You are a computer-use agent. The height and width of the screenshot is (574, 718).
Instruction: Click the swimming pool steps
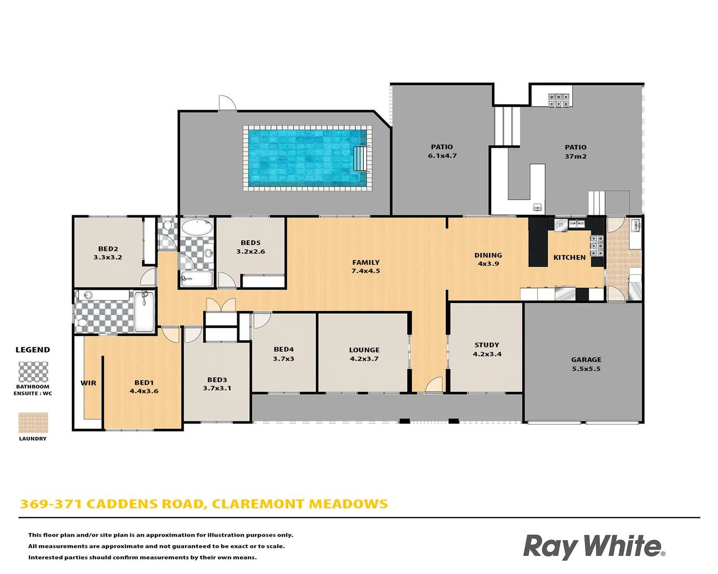point(361,158)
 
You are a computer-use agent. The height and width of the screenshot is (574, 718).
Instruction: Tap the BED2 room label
point(108,253)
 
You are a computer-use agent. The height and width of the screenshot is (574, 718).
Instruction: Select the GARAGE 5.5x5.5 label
point(586,364)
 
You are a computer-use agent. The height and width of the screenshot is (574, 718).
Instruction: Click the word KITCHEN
point(569,258)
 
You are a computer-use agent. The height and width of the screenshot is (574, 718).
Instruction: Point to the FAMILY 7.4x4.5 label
point(366,267)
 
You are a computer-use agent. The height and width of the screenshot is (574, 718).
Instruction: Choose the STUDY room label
point(487,350)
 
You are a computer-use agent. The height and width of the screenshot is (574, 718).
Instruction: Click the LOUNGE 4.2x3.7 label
point(364,354)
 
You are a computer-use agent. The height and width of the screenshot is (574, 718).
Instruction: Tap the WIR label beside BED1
point(88,383)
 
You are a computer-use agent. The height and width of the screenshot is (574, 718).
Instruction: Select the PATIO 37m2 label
point(575,152)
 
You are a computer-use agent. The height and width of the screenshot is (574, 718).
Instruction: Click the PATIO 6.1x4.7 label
point(442,151)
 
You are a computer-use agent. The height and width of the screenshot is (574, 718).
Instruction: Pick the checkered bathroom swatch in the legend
point(33,372)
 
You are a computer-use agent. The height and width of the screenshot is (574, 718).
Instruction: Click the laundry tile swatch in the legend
point(33,423)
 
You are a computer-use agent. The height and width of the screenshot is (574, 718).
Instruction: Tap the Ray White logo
point(594,547)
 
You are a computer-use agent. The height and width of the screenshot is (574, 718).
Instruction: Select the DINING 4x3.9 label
point(488,259)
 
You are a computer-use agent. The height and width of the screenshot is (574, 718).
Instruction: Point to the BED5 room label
point(251,247)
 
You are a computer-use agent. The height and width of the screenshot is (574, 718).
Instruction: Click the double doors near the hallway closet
point(221,305)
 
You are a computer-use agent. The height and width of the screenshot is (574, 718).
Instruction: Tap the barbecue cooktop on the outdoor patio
point(559,100)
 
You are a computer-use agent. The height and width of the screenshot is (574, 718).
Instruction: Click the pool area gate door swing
point(227,103)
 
